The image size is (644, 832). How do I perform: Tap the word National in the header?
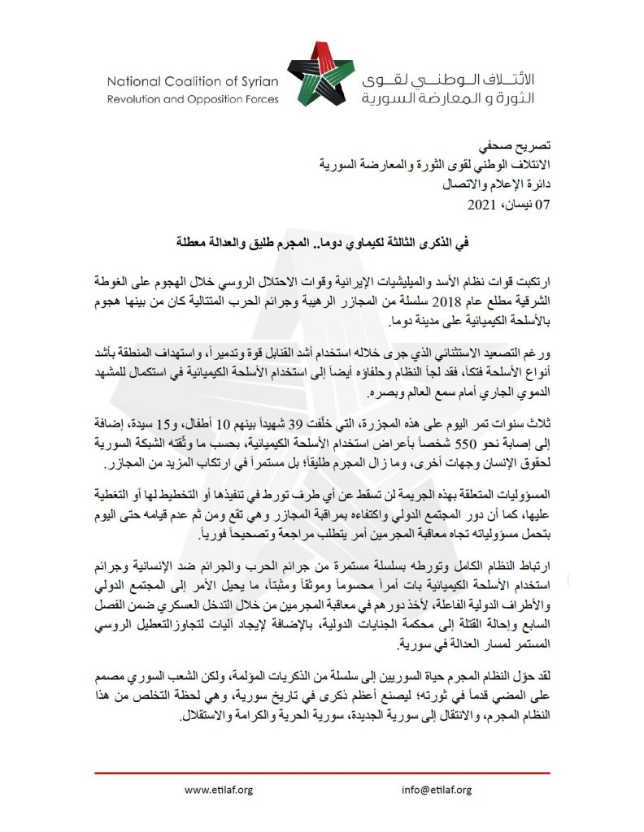click(x=133, y=81)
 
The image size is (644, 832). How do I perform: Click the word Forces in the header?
click(x=259, y=99)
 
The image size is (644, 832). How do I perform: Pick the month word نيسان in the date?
click(x=518, y=203)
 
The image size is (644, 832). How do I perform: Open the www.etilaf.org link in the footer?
click(x=219, y=790)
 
